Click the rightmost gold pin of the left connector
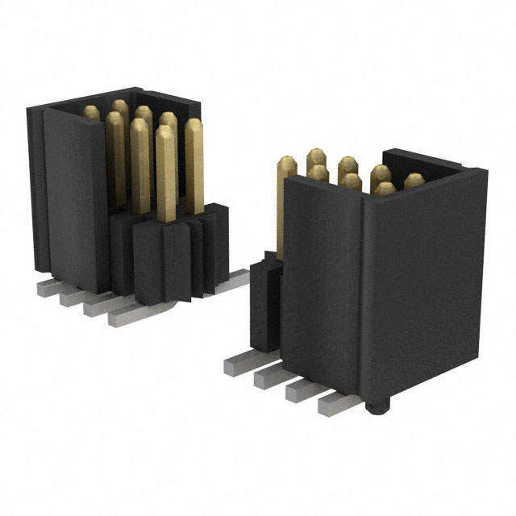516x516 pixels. pos(194,165)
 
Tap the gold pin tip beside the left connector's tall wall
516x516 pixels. pos(91,113)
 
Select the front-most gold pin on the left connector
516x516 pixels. pos(166,173)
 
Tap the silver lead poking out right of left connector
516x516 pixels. pos(234,279)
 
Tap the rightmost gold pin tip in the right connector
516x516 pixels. pos(414,180)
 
